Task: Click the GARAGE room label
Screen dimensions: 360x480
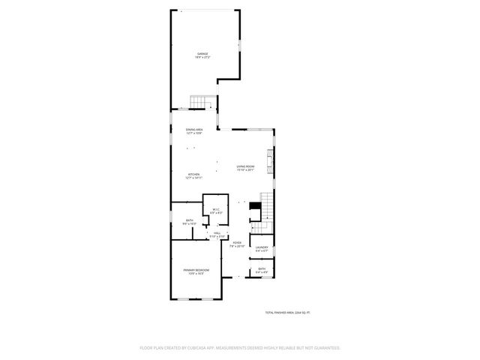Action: point(202,54)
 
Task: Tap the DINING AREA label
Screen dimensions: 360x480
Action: point(194,130)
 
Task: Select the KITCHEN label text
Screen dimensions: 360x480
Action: point(194,174)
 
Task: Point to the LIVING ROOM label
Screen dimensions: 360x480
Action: point(246,166)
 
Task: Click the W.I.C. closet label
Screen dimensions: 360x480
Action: point(215,209)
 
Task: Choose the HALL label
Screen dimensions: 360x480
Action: point(217,233)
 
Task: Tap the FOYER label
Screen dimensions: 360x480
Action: point(236,242)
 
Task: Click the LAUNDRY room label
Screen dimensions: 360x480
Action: point(262,247)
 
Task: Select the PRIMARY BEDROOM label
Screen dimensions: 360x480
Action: point(196,270)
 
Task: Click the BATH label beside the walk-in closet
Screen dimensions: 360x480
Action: point(189,220)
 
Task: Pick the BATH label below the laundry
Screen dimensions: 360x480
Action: point(262,268)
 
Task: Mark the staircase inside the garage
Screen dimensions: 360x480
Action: point(202,102)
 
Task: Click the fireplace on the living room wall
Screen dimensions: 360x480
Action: point(273,161)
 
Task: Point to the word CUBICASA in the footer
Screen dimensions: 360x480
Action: point(193,348)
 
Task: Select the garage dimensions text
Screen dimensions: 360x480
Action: point(202,58)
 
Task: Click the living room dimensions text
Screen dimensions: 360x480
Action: point(246,170)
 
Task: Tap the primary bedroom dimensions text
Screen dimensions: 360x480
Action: point(196,274)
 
